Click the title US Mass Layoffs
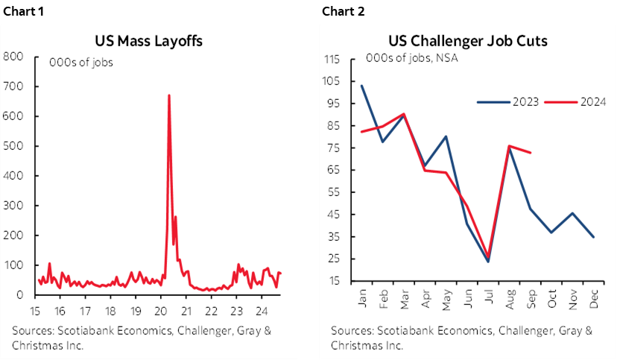[x=148, y=41]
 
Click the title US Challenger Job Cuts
[x=467, y=41]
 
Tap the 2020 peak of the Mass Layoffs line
[x=169, y=95]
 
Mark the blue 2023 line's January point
[x=361, y=86]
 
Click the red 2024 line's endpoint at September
[x=530, y=153]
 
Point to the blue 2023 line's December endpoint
[x=593, y=237]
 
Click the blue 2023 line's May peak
[x=446, y=136]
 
